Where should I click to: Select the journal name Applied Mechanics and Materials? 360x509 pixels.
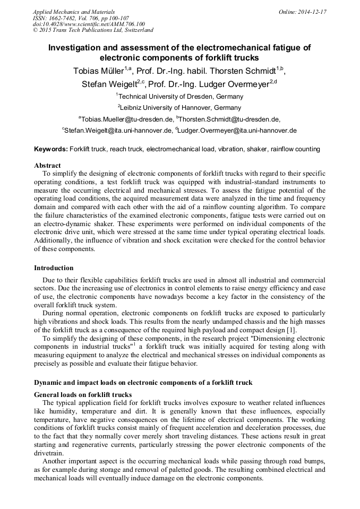[x=74, y=12]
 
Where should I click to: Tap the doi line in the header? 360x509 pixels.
[x=89, y=24]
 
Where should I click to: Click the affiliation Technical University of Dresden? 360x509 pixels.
[x=181, y=97]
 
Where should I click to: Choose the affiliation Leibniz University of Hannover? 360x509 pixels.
[x=181, y=108]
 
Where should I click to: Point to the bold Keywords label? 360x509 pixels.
[x=51, y=149]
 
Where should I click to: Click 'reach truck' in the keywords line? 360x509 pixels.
[x=126, y=149]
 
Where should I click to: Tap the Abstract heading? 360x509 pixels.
[x=47, y=166]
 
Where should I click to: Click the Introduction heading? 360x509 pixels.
[x=54, y=268]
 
